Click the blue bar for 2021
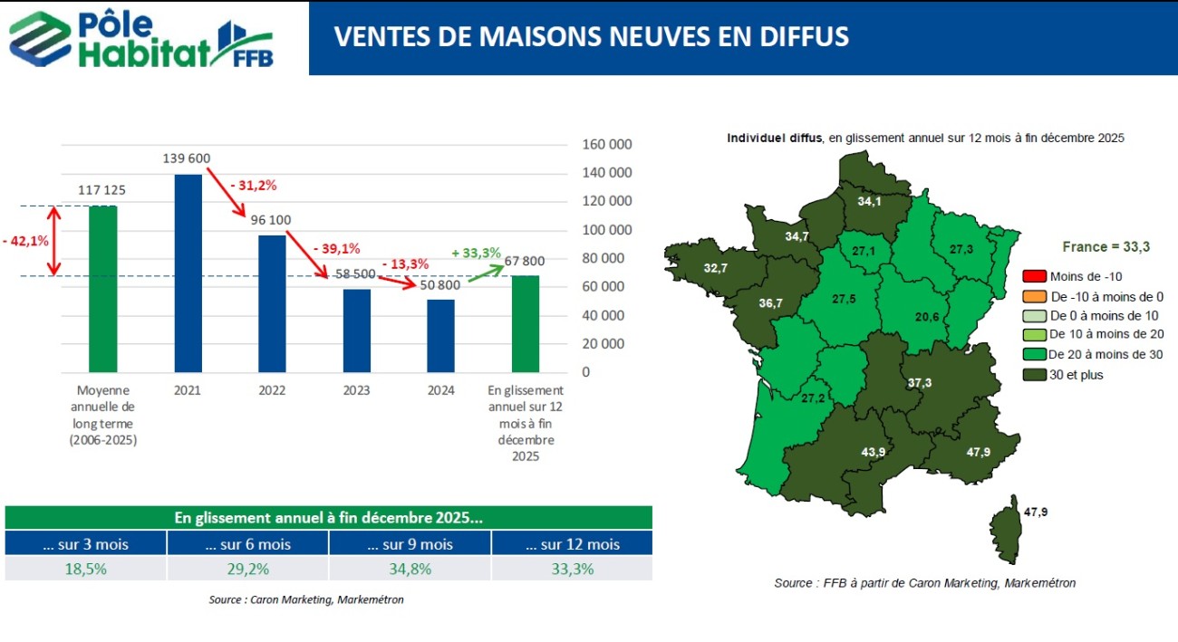(x=188, y=273)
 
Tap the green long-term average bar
(x=102, y=288)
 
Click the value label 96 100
(x=271, y=219)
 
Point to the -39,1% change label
(x=336, y=248)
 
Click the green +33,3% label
(x=476, y=253)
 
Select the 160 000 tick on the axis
(x=605, y=145)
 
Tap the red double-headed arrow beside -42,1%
(x=53, y=240)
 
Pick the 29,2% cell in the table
(x=247, y=569)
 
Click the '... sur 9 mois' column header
(x=410, y=544)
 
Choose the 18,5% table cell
(x=85, y=569)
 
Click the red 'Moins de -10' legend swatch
(x=1034, y=275)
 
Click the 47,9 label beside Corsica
(x=1036, y=512)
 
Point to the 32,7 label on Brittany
(x=715, y=268)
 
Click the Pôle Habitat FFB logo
(x=140, y=38)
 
